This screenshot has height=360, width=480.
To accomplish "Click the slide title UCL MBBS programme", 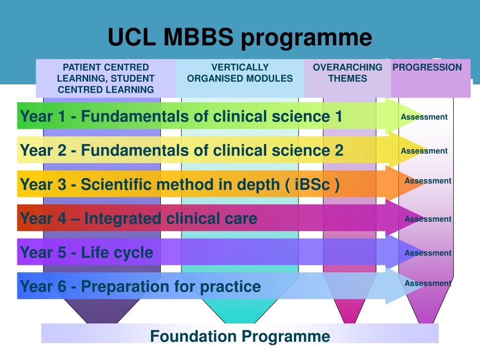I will tap(240, 37).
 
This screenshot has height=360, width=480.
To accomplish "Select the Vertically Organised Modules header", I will tap(240, 73).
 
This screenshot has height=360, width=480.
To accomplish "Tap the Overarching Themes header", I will tap(347, 73).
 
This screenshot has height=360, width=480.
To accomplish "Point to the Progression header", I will tap(427, 67).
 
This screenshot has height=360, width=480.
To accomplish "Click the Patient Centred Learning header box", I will tap(105, 78).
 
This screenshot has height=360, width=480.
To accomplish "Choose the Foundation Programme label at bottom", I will tap(240, 336).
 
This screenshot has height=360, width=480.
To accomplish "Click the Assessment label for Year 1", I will tap(424, 117).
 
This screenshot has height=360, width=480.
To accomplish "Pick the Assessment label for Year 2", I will tap(424, 151).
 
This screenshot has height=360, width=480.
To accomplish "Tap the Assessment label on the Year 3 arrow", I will tap(428, 181).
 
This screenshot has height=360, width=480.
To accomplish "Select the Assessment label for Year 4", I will tap(428, 219).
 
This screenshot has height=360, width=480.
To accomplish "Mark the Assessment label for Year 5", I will tap(428, 253).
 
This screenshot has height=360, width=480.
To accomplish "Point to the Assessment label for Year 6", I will tap(428, 283).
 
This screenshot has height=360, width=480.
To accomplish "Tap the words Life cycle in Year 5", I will tap(117, 253).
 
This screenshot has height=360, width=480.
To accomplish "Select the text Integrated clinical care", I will tap(171, 218).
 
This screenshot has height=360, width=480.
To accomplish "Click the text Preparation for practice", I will tap(171, 286).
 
